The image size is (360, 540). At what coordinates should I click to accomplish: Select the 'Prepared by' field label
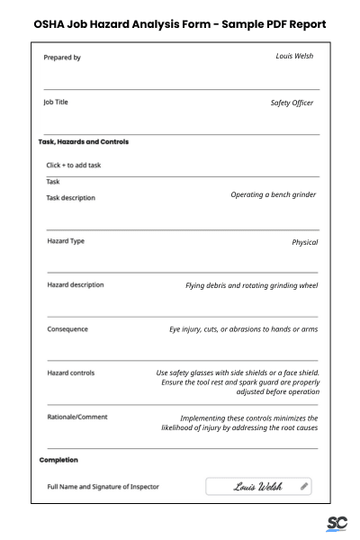point(62,58)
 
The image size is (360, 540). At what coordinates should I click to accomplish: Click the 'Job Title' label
point(57,102)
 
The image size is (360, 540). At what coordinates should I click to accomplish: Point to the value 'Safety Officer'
point(292,103)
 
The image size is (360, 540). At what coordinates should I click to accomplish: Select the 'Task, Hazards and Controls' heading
point(83,142)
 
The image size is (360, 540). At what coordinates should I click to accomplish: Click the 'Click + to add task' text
point(74,166)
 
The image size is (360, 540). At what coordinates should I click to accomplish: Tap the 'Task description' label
point(70,198)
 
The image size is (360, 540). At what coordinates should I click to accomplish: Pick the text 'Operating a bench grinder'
point(273,194)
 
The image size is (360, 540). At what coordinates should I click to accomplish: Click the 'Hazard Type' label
point(66,241)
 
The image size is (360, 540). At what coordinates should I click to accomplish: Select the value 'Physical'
point(304,242)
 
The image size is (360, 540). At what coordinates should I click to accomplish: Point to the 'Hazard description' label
point(75,285)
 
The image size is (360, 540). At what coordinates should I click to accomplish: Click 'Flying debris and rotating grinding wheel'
point(251,286)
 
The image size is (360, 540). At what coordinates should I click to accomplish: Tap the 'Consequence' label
point(67,329)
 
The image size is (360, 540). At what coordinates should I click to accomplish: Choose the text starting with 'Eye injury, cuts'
point(243,329)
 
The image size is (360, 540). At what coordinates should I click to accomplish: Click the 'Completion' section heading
point(58,460)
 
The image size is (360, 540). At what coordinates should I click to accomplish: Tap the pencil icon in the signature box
point(304,486)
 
